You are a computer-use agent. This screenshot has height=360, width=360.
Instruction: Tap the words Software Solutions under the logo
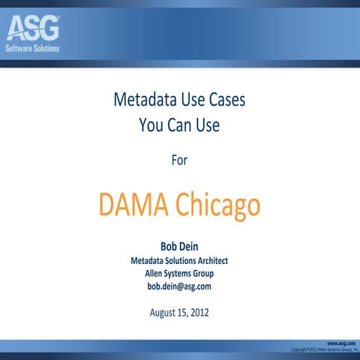32,48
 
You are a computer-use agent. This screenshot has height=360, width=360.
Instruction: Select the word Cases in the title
224,100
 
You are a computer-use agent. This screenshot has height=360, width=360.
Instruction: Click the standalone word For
179,159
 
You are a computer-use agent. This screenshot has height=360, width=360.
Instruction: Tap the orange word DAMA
134,204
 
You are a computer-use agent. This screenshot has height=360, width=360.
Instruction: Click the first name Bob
169,245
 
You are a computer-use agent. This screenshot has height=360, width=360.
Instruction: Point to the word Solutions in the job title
169,260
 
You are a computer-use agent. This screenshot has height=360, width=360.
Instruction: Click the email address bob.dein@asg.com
179,286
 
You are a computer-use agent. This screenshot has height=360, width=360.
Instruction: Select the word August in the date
163,312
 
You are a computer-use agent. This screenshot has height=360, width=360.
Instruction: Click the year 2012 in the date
199,312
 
